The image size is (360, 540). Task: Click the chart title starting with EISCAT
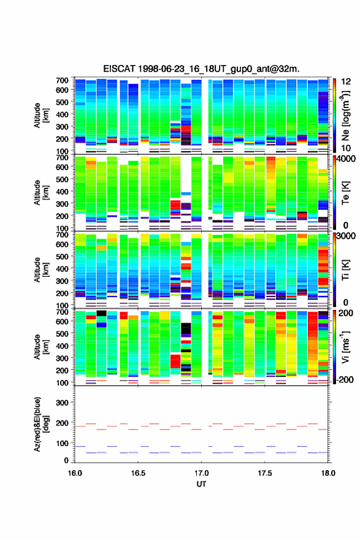point(201,69)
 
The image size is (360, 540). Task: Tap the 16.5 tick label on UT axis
point(138,473)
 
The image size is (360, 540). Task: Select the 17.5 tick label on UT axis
point(265,473)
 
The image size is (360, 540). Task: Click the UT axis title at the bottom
point(201,484)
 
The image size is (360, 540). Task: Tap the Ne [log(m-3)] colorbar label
point(346,116)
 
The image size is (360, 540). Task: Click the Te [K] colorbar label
point(346,193)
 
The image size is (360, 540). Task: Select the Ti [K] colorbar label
point(346,270)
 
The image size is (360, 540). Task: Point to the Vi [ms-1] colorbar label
point(345,347)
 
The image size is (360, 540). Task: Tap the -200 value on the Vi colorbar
point(345,379)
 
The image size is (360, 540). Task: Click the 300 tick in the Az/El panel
point(62,403)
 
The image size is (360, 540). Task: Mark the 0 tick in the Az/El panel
point(66,460)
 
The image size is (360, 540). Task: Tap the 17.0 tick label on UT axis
point(201,473)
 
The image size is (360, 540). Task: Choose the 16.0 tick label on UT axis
point(75,473)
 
